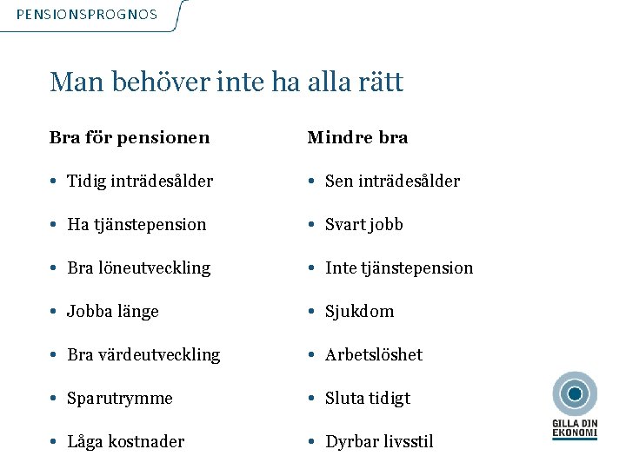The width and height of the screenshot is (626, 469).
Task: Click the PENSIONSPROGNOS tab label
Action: (87, 15)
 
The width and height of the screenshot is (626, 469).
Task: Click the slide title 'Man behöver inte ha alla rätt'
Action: (227, 83)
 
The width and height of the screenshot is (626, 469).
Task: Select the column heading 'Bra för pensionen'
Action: (130, 137)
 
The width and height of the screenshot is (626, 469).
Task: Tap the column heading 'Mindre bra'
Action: (357, 137)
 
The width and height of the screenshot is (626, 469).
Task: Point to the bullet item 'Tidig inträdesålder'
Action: (140, 181)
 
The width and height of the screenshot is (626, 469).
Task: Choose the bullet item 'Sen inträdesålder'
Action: (392, 181)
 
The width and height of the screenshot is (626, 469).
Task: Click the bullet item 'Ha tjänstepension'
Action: (137, 224)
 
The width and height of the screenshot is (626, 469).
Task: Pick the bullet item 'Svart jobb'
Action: (363, 224)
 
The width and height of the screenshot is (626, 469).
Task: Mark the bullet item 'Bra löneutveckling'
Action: (138, 268)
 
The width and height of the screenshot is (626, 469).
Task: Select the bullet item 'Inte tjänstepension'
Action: (399, 268)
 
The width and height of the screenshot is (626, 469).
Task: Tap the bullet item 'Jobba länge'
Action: (113, 311)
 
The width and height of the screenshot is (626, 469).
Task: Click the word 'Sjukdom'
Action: (359, 311)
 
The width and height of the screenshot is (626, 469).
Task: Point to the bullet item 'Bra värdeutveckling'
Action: (143, 354)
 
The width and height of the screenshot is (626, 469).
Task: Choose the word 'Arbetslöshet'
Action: (374, 354)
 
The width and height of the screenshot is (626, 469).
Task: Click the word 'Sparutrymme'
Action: (120, 398)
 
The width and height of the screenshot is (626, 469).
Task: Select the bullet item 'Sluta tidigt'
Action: (368, 398)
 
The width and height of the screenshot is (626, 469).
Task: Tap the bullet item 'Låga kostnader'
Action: (126, 441)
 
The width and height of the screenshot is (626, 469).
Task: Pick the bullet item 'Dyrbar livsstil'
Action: (379, 441)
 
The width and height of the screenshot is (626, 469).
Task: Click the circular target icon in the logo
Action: (575, 394)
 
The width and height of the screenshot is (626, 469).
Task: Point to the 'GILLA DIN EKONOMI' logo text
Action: (575, 427)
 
